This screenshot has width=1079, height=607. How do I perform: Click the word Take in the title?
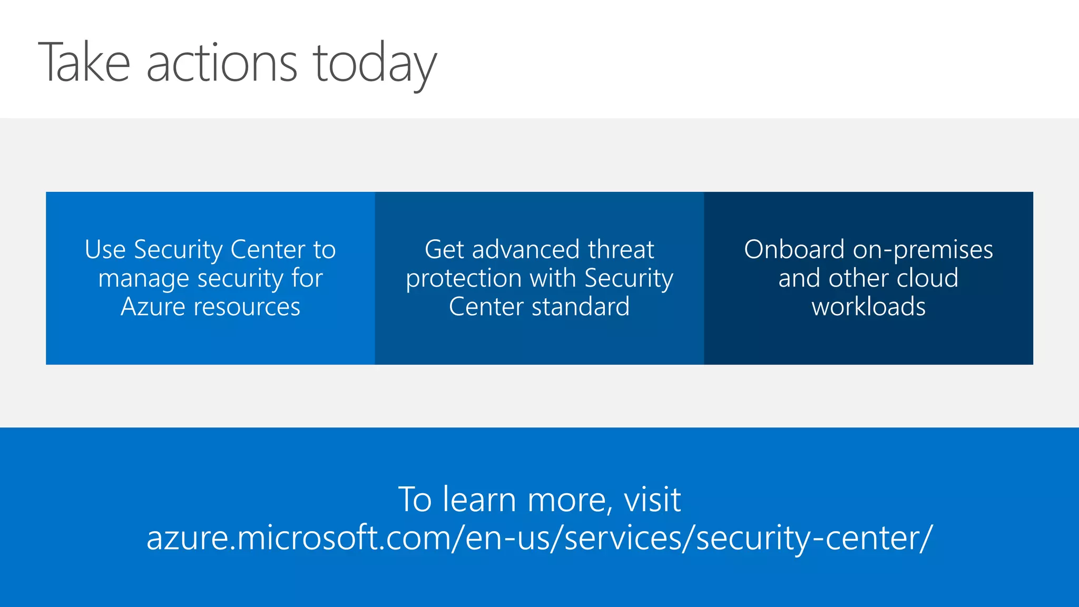84,63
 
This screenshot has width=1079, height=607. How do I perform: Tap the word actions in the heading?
222,64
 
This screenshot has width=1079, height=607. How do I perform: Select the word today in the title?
375,65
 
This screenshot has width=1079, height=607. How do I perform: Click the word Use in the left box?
105,249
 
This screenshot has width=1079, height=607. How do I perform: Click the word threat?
621,249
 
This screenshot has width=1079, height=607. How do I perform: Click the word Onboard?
794,249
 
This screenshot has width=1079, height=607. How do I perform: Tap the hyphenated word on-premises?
923,250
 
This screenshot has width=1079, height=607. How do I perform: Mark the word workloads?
868,307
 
